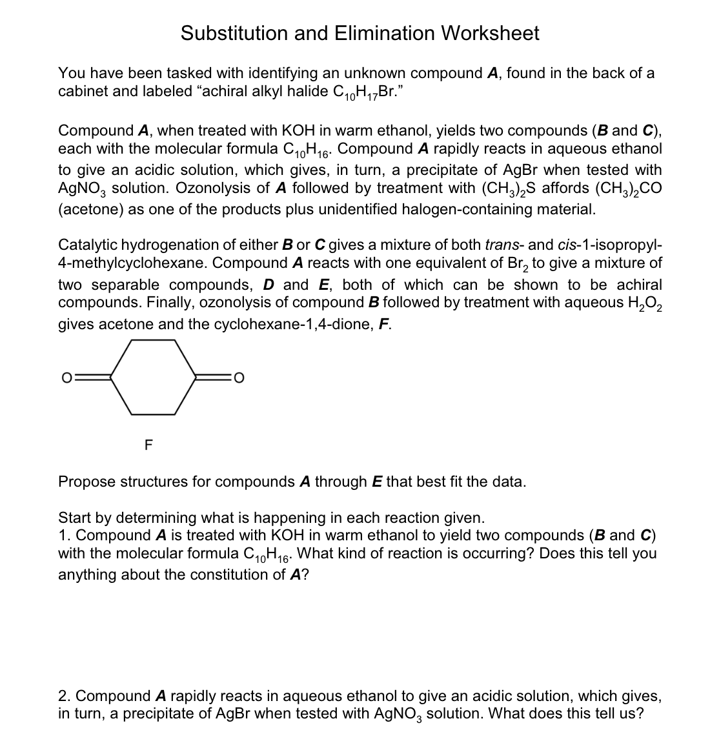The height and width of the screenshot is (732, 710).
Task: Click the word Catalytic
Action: (x=90, y=245)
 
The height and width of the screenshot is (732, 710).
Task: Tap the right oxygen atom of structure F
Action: (x=238, y=377)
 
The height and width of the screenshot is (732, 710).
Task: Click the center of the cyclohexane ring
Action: (x=153, y=377)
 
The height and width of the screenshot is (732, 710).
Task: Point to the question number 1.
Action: (x=63, y=536)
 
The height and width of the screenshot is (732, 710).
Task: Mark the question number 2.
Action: (x=63, y=696)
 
